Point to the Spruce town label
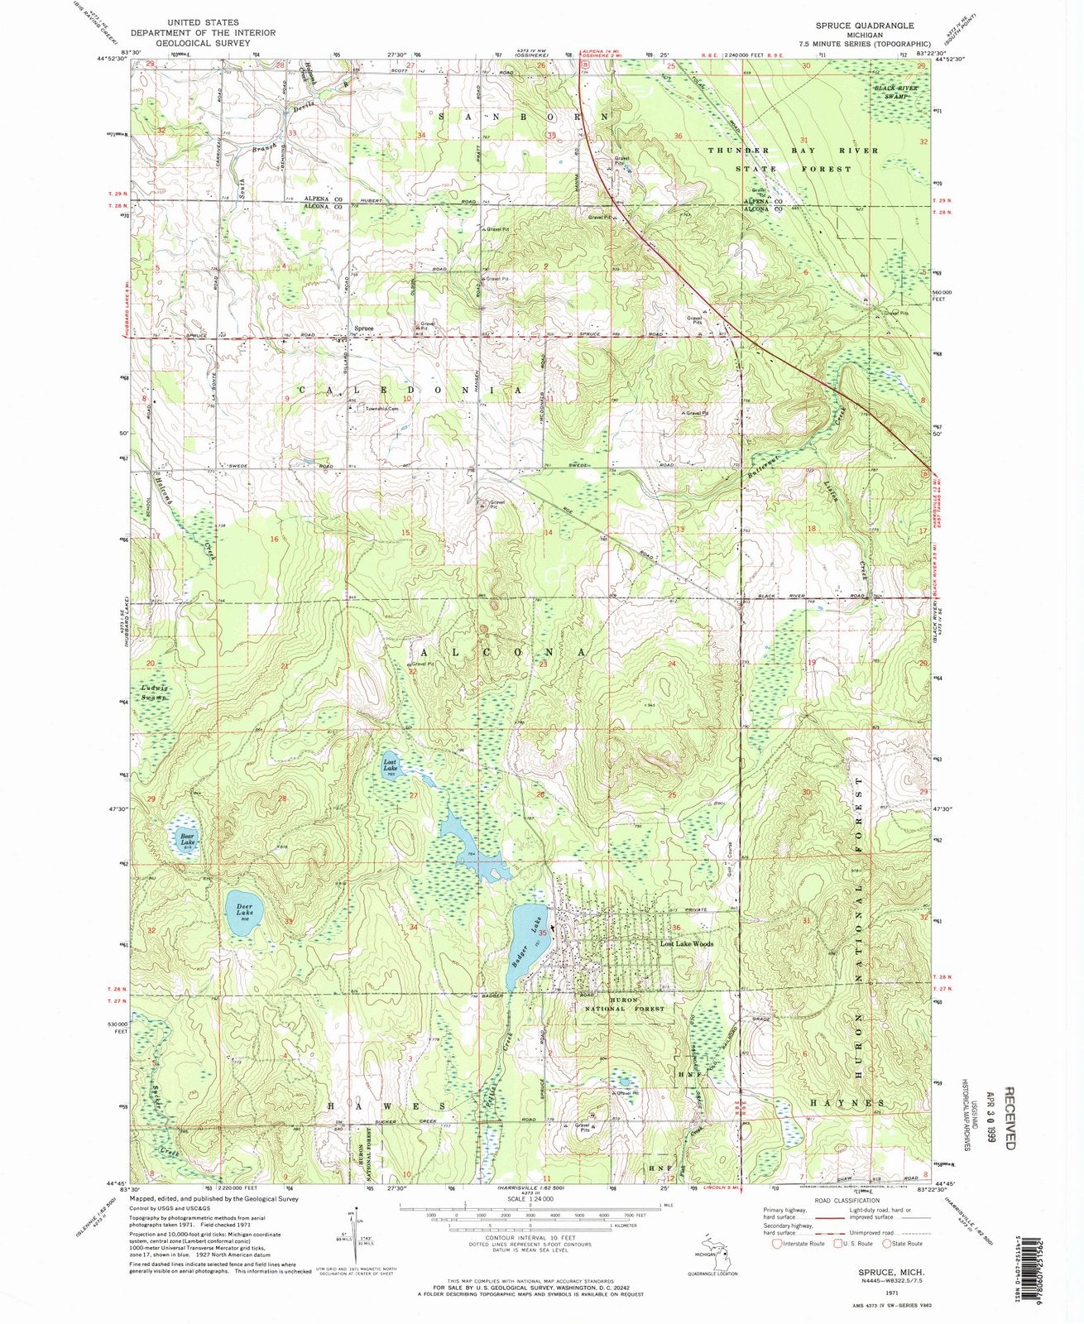click(x=364, y=329)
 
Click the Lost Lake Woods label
click(x=686, y=943)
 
